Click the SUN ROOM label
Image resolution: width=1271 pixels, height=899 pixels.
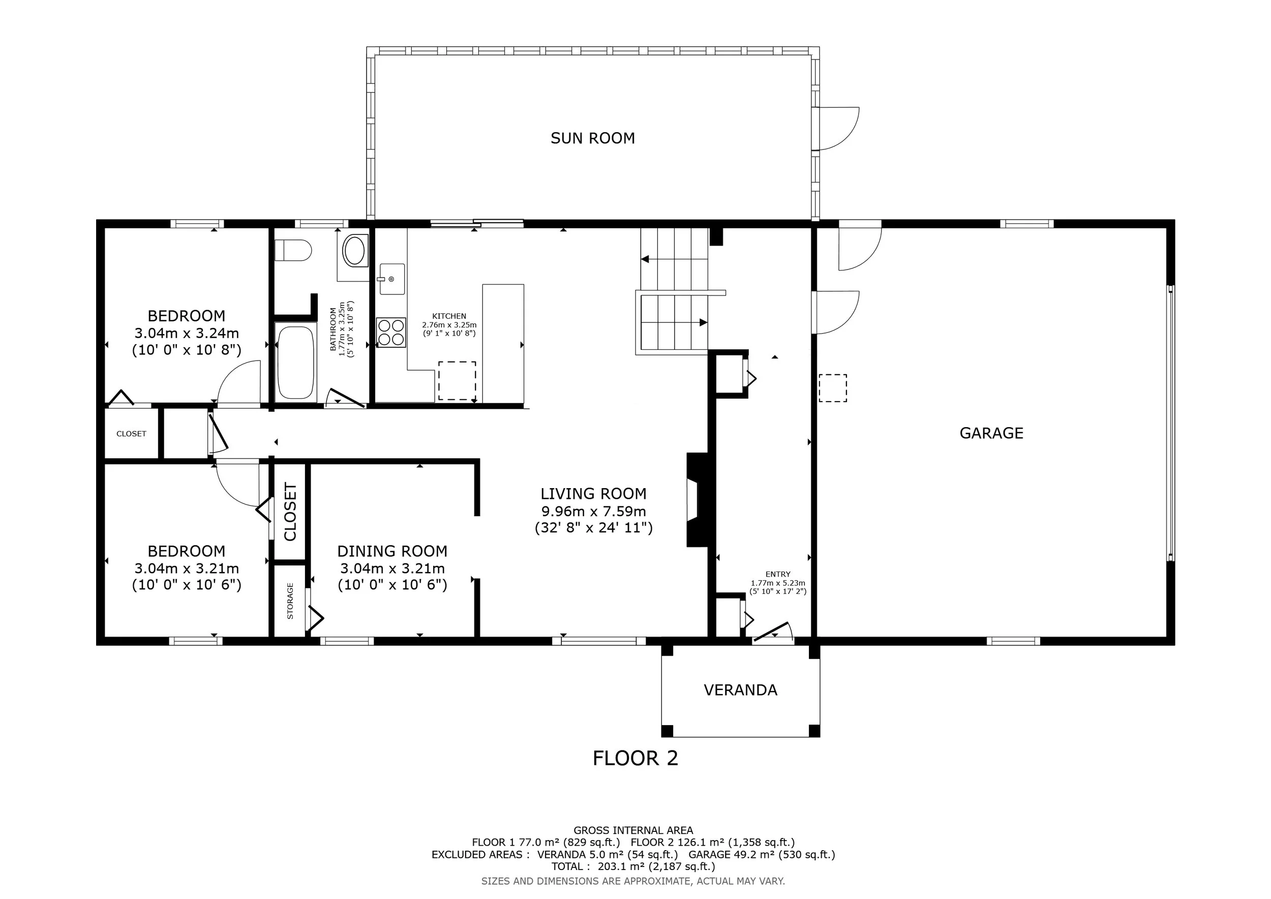[x=592, y=138]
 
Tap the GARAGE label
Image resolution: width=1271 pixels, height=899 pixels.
[x=991, y=433]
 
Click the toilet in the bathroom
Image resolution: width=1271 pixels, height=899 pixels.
[x=293, y=250]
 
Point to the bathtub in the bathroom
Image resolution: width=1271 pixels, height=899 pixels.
[x=295, y=362]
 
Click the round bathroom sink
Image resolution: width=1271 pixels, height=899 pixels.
[x=354, y=251]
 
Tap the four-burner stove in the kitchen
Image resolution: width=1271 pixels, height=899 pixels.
[x=390, y=332]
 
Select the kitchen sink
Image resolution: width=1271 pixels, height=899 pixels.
[x=392, y=279]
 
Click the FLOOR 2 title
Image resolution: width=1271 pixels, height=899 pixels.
[x=635, y=758]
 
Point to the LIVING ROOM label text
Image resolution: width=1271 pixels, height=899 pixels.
[x=593, y=494]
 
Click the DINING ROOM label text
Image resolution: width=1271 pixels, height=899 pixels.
[x=392, y=551]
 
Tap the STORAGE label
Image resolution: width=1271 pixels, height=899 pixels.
[x=290, y=601]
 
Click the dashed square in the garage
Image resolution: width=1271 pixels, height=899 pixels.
[x=833, y=388]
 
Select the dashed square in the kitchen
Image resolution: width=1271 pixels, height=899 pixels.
[x=457, y=381]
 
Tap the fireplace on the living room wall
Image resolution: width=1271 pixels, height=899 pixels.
[x=698, y=500]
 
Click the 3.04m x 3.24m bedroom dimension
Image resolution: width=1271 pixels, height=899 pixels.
[x=187, y=333]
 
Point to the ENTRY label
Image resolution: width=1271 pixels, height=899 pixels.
[x=778, y=574]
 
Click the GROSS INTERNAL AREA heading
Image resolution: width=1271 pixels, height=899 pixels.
[x=633, y=830]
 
